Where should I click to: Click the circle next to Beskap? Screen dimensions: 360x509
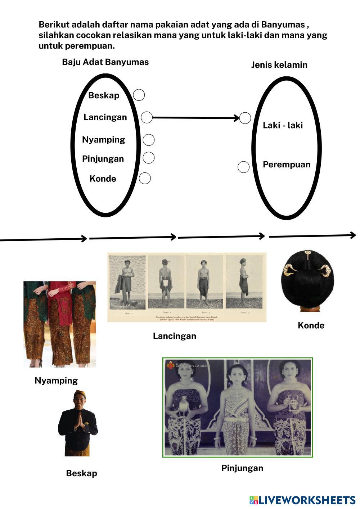(139, 95)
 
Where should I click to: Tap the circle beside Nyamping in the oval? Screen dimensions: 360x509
(149, 140)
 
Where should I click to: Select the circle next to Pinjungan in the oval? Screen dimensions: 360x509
(149, 158)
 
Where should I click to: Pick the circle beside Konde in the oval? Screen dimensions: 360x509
(145, 178)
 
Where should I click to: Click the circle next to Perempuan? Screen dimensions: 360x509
(244, 167)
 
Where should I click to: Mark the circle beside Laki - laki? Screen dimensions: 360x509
(245, 118)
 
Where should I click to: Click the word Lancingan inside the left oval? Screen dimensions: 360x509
(105, 117)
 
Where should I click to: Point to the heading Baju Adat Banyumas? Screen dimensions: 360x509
(105, 62)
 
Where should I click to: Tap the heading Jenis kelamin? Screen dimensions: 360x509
(279, 65)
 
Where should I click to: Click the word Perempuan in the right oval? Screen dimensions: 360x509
(286, 165)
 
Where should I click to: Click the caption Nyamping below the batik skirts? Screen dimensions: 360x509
(56, 380)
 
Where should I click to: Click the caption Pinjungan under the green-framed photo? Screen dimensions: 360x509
(242, 468)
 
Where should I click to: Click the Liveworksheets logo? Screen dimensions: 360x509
(302, 500)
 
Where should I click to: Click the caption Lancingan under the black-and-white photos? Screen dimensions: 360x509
(174, 336)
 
